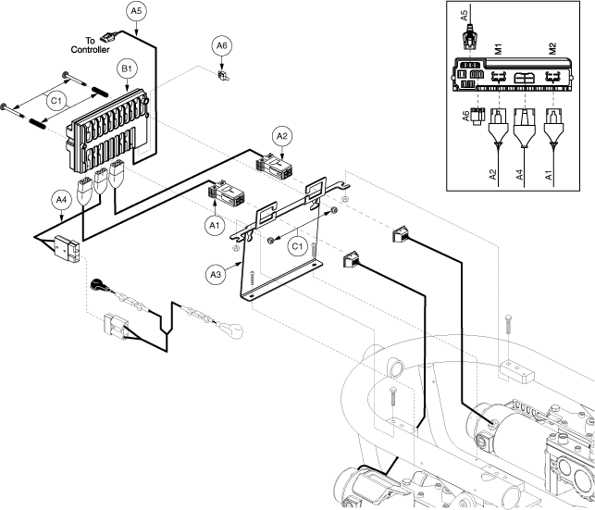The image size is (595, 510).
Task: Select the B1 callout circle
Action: pos(126,69)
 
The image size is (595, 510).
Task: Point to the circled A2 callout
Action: pos(283,136)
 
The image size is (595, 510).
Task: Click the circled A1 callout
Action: pos(213,223)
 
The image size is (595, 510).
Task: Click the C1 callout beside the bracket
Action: pos(297,246)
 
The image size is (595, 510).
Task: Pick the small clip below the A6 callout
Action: pos(222,74)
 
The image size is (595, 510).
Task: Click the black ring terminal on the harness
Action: pos(97,284)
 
